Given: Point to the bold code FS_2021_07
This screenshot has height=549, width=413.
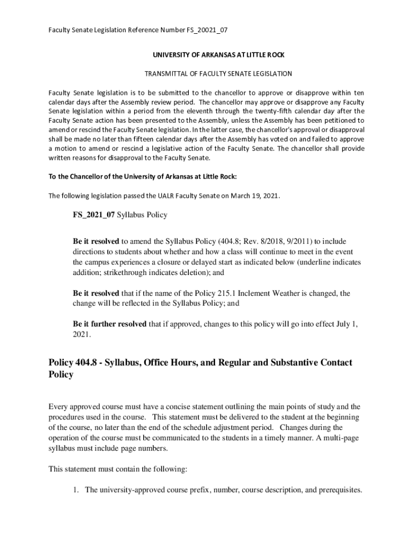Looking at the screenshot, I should (94, 215).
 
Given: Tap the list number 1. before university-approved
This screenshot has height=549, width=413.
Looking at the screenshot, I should (77, 489).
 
